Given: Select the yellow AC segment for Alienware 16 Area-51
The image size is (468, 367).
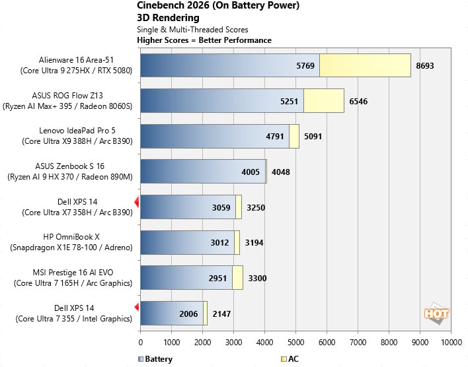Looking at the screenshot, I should [365, 66].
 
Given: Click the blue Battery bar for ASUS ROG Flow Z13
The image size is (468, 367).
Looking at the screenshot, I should [221, 101].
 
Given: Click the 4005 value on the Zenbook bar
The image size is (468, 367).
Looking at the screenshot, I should [251, 172].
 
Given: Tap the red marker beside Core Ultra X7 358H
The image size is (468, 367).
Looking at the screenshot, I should [137, 201].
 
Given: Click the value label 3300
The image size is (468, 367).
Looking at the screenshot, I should [258, 278].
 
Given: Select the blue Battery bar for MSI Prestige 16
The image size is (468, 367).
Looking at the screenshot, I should [186, 277].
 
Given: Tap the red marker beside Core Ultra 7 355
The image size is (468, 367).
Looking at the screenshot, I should [137, 307].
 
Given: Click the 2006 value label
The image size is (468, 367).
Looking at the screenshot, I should [188, 314].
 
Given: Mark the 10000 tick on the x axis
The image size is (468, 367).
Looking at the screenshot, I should [451, 343].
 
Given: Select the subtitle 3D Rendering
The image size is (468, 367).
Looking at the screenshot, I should [168, 18].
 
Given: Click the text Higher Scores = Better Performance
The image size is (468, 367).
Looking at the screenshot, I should [204, 40].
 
